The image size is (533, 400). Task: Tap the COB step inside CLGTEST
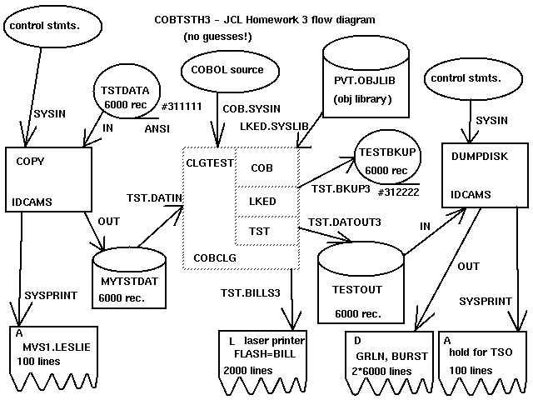pyautogui.click(x=263, y=167)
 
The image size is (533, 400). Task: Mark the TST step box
pyautogui.click(x=262, y=229)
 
